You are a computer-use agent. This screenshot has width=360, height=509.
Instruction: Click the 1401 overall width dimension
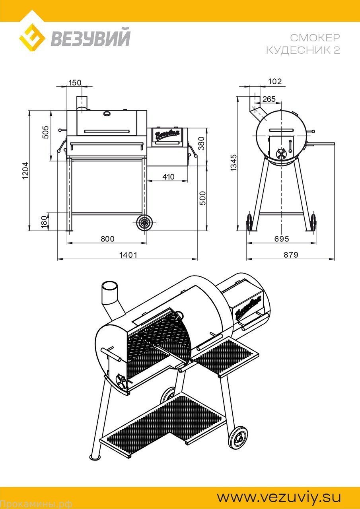(x=128, y=255)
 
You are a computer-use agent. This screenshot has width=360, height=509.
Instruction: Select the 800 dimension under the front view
(x=107, y=239)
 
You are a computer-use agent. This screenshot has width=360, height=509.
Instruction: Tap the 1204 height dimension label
(x=25, y=171)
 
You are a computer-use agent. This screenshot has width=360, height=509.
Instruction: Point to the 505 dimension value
(x=45, y=132)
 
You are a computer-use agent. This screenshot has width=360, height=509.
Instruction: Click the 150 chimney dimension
(x=75, y=82)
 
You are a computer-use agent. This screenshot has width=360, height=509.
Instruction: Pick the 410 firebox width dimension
(x=168, y=177)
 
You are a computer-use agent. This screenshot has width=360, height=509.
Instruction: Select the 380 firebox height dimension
(x=201, y=143)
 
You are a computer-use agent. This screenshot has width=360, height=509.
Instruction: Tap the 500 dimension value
(x=202, y=198)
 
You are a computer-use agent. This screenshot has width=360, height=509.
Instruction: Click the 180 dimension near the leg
(x=44, y=221)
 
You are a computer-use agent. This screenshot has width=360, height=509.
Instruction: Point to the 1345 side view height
(x=234, y=163)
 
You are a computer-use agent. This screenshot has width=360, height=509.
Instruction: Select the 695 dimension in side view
(x=282, y=239)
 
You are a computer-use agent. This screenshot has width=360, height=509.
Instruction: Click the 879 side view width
(x=291, y=255)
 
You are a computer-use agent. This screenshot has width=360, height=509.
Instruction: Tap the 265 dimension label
(x=269, y=99)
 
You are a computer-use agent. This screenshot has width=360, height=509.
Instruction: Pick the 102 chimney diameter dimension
(x=275, y=81)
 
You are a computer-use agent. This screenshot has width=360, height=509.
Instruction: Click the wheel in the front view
(x=144, y=223)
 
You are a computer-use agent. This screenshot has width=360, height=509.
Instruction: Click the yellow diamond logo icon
(x=32, y=37)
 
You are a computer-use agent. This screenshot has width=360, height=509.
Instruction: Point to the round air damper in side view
(x=281, y=153)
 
